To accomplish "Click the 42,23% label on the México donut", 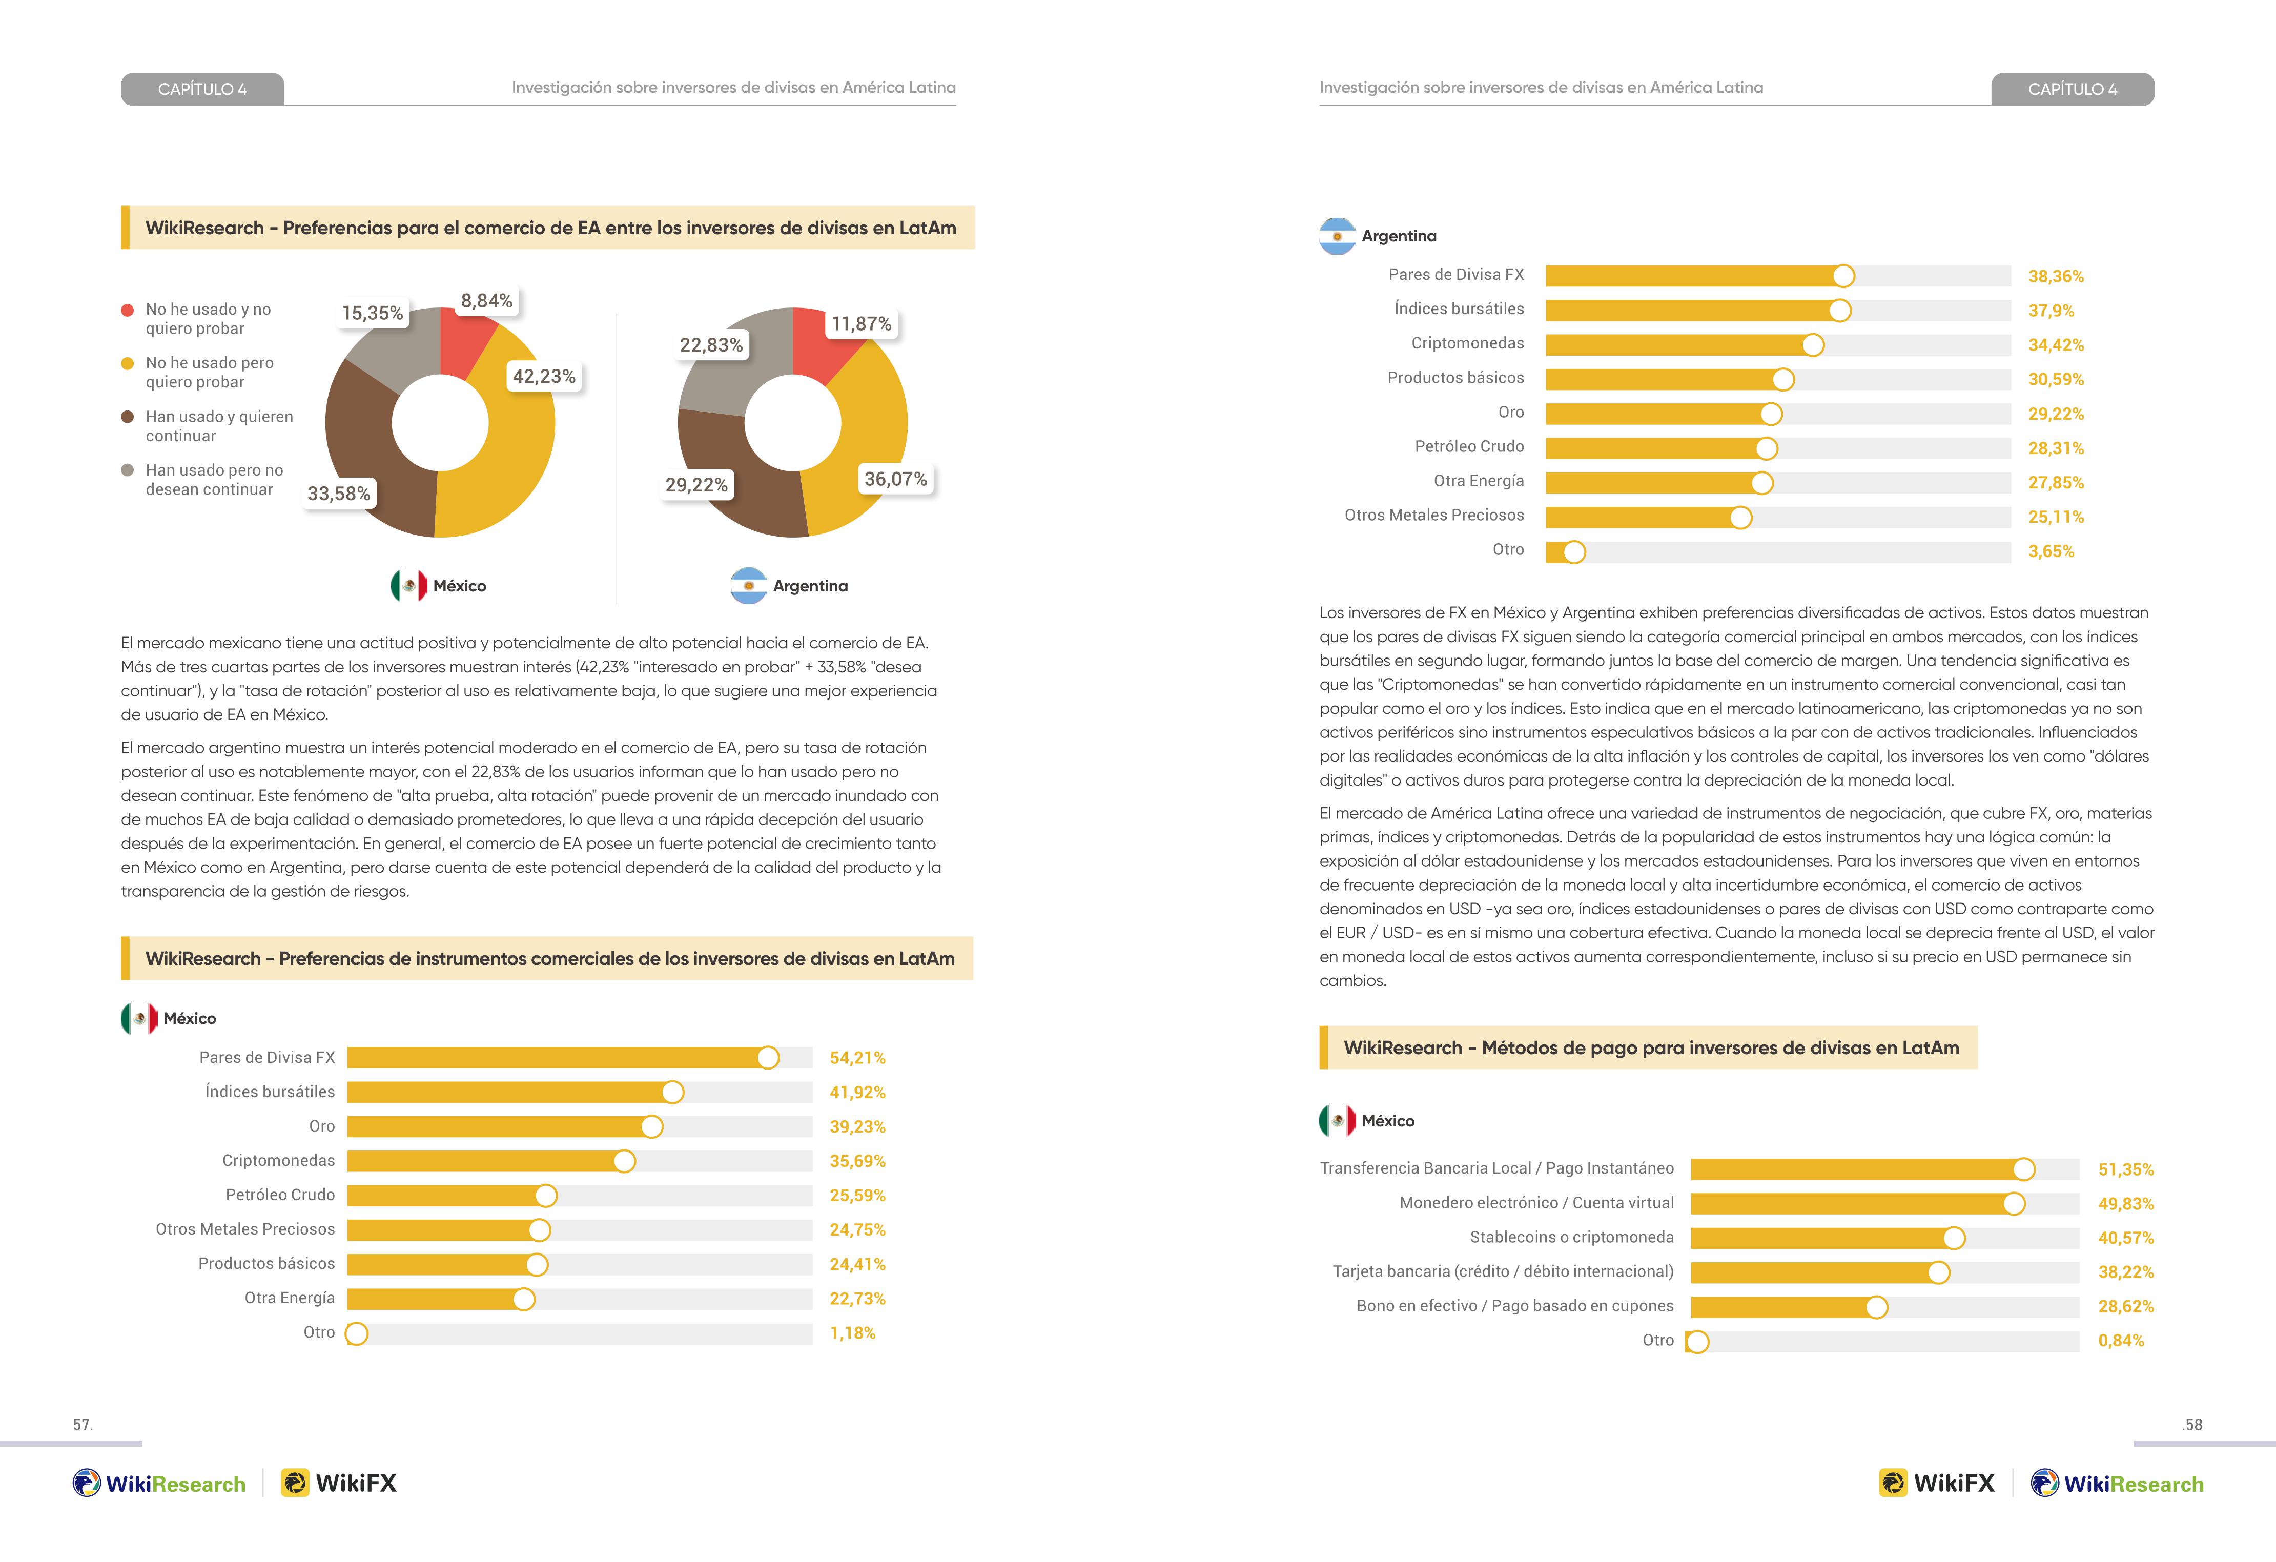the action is coord(544,376).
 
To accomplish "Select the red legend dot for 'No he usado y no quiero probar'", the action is coord(127,311).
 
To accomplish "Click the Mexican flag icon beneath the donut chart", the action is coord(408,586).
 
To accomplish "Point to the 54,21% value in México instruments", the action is coord(857,1058).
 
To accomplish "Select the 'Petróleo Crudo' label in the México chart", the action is coord(280,1195).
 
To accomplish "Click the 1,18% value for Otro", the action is coord(852,1333).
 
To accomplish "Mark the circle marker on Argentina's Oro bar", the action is coord(1771,414).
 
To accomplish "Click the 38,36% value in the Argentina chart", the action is coord(2056,276).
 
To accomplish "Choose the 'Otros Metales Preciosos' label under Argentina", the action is coord(1434,515).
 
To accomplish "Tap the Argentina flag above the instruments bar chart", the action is coord(1337,236).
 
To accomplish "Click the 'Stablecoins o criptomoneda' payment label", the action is coord(1572,1237).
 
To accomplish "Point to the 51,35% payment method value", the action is coord(2125,1169).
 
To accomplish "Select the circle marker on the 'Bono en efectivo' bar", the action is coord(1876,1307).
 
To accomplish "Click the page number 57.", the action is coord(83,1425).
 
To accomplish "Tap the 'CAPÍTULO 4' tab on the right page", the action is coord(2073,89).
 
